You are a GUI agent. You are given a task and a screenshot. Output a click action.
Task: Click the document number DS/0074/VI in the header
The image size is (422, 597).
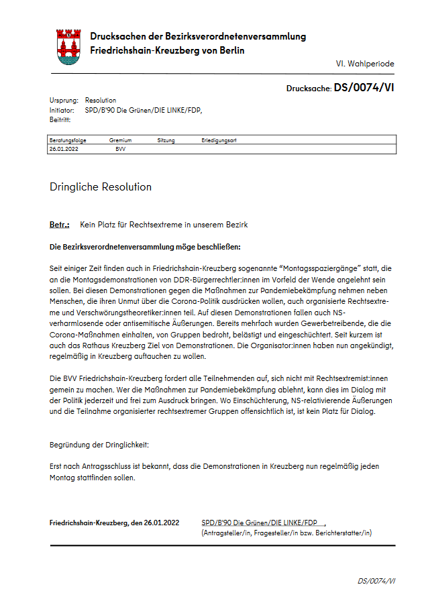click(364, 87)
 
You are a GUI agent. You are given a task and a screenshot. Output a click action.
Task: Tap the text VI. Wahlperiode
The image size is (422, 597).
click(365, 64)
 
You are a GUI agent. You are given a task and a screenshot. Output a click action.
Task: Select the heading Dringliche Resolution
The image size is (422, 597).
click(101, 186)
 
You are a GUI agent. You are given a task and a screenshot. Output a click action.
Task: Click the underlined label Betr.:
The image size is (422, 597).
click(60, 225)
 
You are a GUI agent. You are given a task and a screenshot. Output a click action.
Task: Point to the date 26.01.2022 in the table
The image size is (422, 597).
click(64, 149)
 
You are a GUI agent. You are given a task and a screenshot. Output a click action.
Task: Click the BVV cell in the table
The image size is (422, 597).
click(121, 149)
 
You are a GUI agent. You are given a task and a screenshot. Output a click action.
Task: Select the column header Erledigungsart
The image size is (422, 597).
click(218, 140)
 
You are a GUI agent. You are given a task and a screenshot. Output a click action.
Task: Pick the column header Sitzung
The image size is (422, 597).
click(166, 140)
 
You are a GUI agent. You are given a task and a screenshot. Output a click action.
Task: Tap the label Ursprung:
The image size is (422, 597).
click(64, 100)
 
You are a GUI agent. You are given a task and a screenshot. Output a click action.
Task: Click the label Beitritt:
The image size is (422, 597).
click(61, 119)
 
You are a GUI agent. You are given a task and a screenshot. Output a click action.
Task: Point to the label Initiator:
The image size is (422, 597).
click(62, 109)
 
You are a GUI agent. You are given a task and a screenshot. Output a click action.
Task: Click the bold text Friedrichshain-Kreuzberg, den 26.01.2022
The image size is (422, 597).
click(115, 523)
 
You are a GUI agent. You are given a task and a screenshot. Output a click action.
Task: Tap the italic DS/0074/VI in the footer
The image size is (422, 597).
click(376, 581)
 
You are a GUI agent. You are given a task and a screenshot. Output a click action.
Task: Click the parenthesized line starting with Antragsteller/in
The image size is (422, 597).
click(286, 533)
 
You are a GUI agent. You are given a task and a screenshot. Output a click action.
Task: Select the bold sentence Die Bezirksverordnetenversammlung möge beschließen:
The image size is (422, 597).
click(145, 246)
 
